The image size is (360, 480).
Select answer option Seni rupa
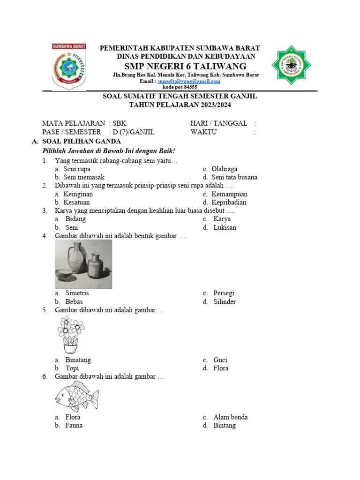78,169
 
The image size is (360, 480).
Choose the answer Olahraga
224,169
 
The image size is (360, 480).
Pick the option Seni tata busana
234,177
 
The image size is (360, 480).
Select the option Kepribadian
229,202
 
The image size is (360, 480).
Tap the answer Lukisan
225,228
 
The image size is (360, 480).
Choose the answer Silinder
225,302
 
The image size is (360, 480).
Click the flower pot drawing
71,335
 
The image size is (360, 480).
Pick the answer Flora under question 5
221,368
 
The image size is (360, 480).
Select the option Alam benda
230,417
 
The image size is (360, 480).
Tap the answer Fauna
74,426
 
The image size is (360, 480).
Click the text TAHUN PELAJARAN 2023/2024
180,105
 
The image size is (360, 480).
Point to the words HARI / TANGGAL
218,123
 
